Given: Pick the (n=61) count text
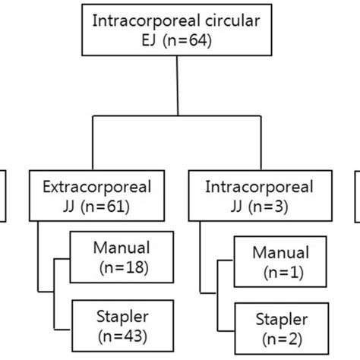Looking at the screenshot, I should [103, 206].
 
